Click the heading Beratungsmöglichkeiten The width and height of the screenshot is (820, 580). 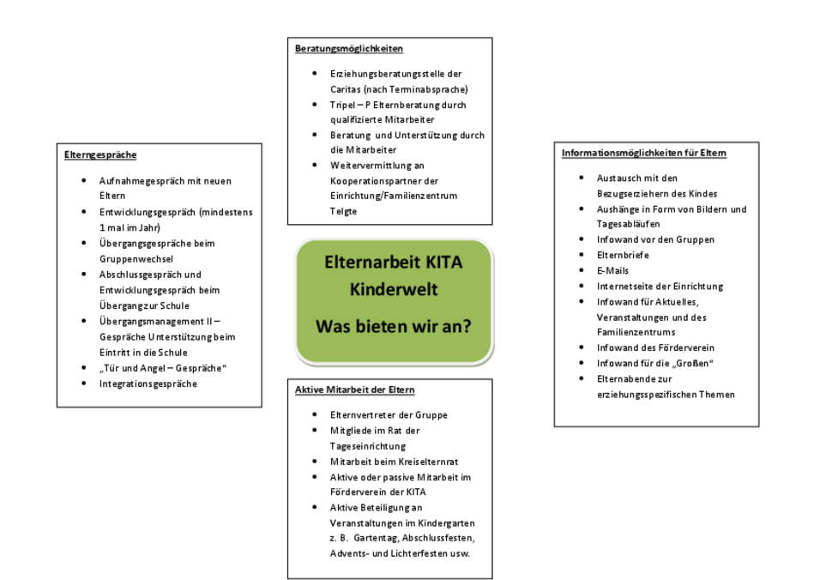point(349,49)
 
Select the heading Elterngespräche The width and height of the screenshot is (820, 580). point(100,154)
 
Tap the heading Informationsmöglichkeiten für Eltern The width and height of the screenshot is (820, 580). point(644,153)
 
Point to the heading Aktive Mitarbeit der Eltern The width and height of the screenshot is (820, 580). point(354,390)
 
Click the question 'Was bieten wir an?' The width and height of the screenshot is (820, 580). point(393,326)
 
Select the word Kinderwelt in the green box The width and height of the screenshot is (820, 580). point(393,289)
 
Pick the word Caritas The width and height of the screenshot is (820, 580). point(345,89)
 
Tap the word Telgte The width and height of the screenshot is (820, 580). point(343,211)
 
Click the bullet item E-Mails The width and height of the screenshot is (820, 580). point(612,271)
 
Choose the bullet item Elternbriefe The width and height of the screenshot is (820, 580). point(623,255)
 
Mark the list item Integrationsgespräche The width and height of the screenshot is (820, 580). point(148,384)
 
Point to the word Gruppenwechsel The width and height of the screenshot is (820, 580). point(136,259)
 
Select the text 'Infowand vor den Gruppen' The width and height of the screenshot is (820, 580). point(655,239)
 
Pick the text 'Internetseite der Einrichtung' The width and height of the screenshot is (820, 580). point(660,287)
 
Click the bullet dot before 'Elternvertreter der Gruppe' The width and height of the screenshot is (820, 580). point(314,414)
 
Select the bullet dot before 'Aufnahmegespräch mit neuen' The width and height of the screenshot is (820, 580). point(84,180)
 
